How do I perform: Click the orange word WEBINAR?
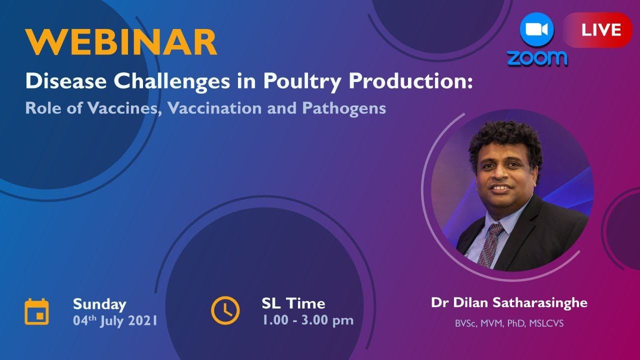[121, 42]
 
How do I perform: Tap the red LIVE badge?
[600, 30]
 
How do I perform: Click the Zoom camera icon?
[536, 30]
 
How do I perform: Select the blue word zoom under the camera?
[537, 58]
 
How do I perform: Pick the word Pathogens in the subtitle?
[343, 108]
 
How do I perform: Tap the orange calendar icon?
[37, 311]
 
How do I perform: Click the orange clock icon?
[225, 310]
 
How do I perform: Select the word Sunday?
[99, 304]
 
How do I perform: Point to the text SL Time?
[293, 303]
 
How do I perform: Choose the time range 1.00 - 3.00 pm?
[307, 320]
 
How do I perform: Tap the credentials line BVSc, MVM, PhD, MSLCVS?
[509, 323]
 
